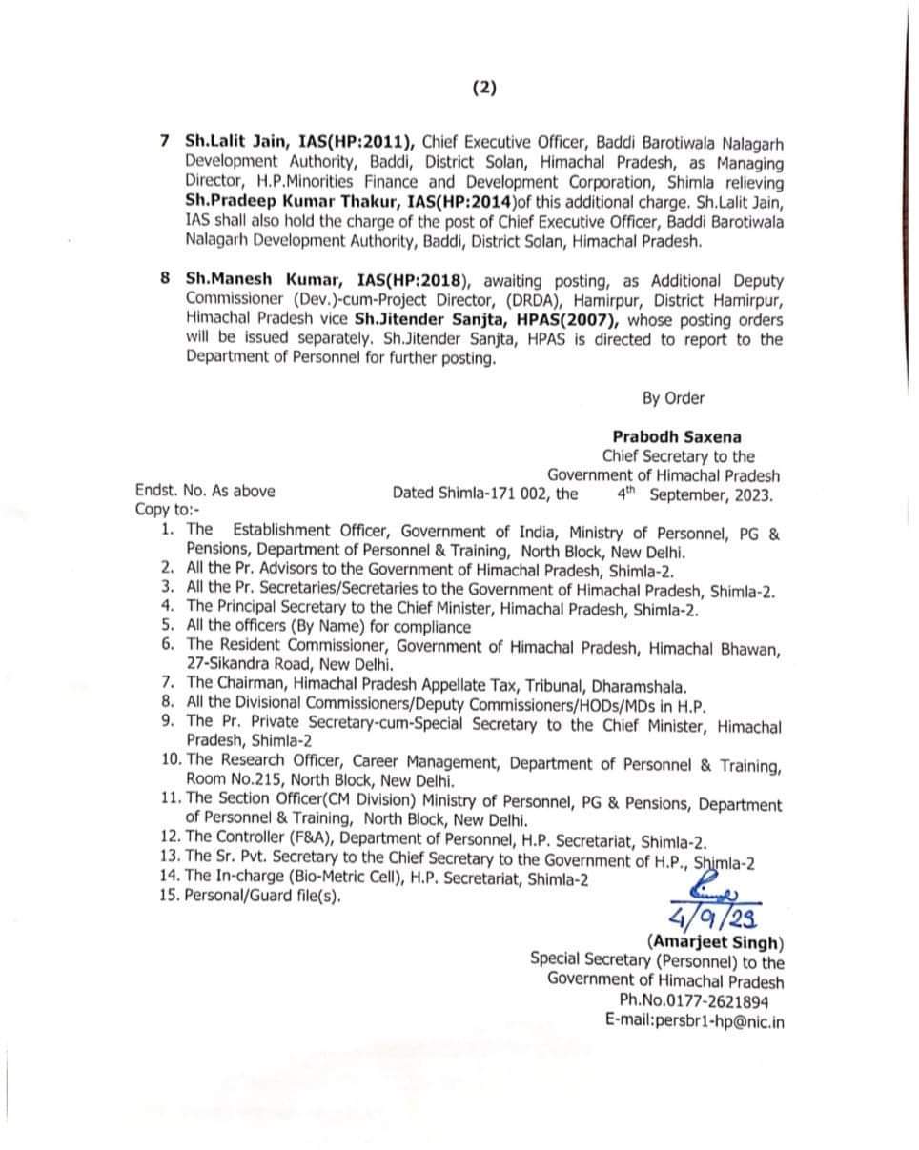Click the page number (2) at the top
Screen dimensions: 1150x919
pyautogui.click(x=484, y=89)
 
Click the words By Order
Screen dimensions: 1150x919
pyautogui.click(x=673, y=398)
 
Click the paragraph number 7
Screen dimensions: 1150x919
pyautogui.click(x=165, y=142)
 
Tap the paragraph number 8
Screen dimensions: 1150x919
pyautogui.click(x=165, y=280)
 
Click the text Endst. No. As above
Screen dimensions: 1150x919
pyautogui.click(x=205, y=492)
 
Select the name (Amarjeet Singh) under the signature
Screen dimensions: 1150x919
pyautogui.click(x=716, y=942)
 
